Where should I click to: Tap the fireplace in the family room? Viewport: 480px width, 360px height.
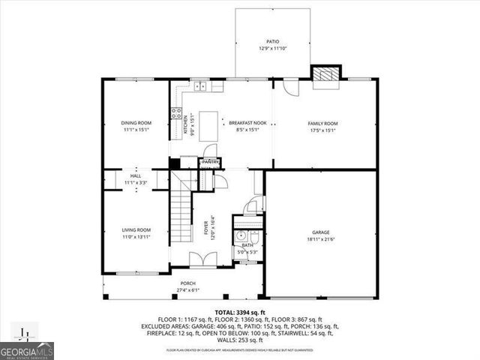[x=325, y=73]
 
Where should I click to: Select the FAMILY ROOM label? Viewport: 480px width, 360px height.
[x=323, y=123]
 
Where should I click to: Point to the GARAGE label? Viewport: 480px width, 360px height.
[x=321, y=232]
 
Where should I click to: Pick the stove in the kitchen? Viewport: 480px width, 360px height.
[x=178, y=115]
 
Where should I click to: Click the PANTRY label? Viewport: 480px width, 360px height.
[x=210, y=161]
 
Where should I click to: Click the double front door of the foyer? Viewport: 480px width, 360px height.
[x=199, y=260]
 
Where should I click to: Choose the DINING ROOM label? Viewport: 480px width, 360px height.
[x=136, y=123]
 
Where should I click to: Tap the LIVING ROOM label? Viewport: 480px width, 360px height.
[x=136, y=230]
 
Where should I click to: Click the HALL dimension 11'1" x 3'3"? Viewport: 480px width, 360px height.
[x=136, y=182]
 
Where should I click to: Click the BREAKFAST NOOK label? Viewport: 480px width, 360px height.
[x=247, y=123]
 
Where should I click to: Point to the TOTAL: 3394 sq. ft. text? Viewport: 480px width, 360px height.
[x=240, y=311]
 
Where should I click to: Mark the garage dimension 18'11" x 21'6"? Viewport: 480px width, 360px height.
[x=321, y=239]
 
